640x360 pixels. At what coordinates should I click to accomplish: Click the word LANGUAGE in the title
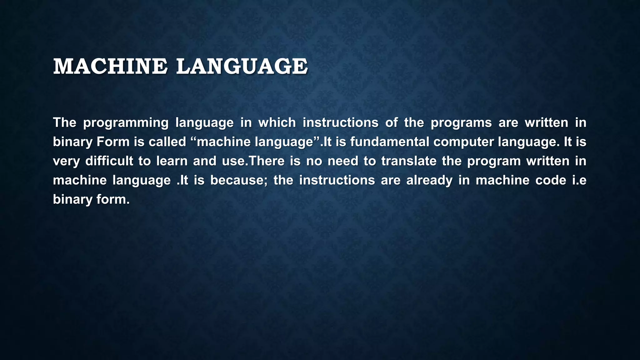[242, 67]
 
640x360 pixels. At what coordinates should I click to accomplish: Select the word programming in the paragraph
[126, 123]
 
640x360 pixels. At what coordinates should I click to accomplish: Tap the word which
[277, 123]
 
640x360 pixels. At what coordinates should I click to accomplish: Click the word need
[343, 161]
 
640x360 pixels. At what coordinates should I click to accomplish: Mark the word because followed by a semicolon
[239, 180]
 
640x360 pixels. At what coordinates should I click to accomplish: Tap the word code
[551, 180]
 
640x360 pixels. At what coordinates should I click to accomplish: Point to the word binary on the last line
[73, 200]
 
